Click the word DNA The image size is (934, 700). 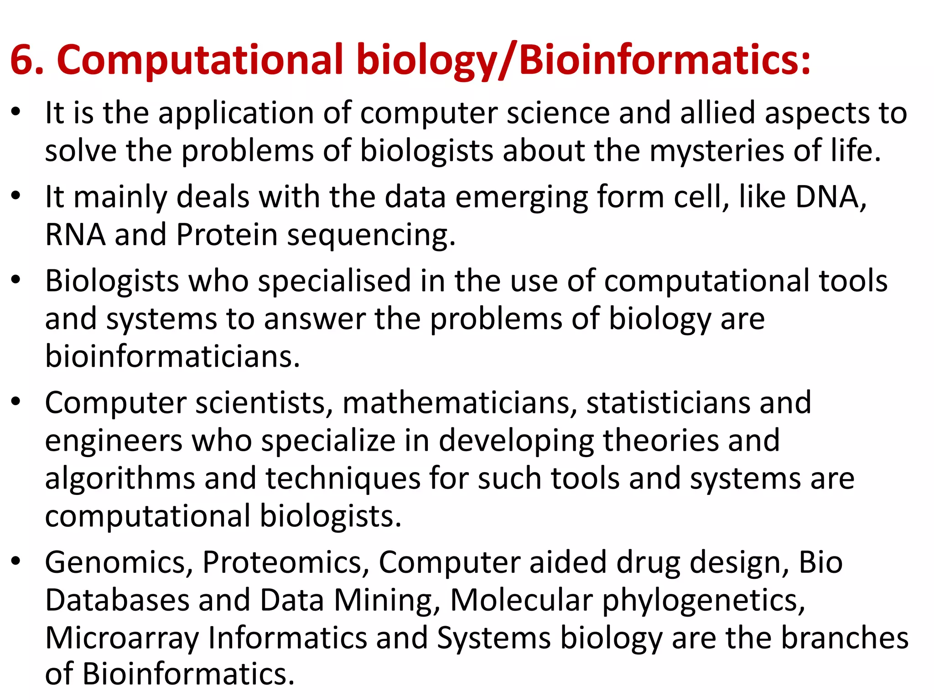coord(830,197)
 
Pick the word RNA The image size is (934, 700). coord(75,235)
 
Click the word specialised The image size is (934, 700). coord(334,281)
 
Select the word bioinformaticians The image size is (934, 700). coord(172,356)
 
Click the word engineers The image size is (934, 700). coord(114,441)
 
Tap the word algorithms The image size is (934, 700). coord(120,479)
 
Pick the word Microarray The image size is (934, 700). coord(122,638)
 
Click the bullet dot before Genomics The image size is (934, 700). coord(16,561)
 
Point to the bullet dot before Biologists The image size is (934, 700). coord(16,279)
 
